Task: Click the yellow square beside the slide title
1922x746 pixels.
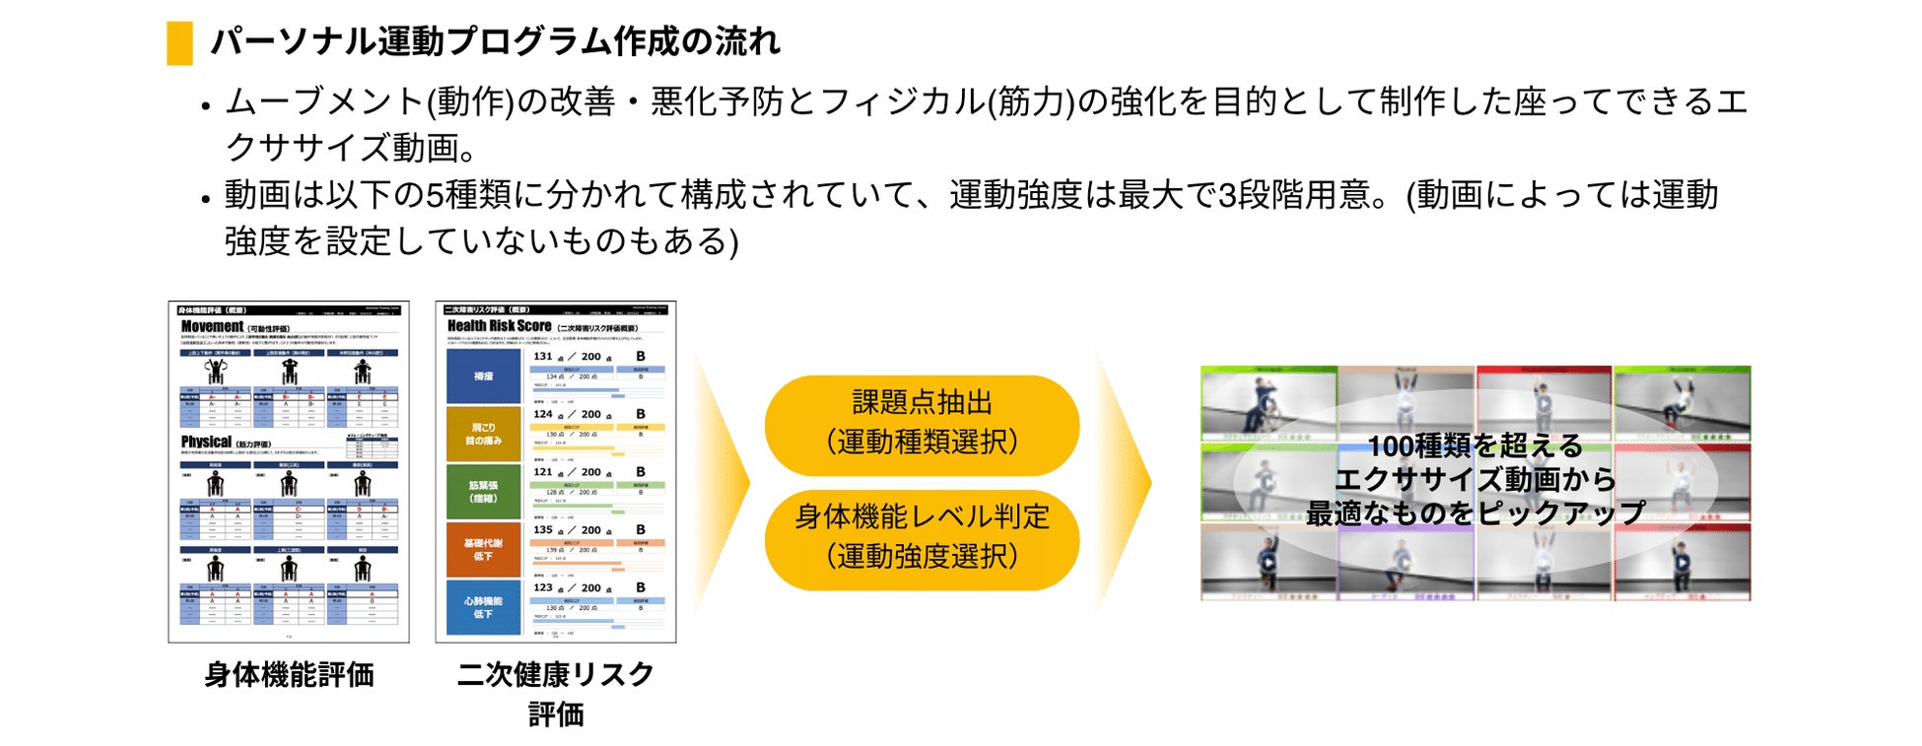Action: [x=179, y=43]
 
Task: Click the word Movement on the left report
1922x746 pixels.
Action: [x=212, y=326]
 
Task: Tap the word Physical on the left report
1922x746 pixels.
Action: [x=206, y=441]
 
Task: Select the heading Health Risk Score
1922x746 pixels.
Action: [x=499, y=326]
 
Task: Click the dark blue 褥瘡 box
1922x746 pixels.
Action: [x=483, y=376]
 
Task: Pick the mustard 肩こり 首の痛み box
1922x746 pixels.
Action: [x=483, y=434]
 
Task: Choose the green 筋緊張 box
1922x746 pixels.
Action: [x=483, y=492]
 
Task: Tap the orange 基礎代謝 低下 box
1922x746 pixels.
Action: [x=483, y=549]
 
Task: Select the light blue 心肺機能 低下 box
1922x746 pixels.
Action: [x=483, y=607]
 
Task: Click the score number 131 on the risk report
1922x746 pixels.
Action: [x=543, y=357]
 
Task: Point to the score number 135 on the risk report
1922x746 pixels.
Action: [x=543, y=530]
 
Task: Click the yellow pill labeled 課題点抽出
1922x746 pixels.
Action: [x=922, y=423]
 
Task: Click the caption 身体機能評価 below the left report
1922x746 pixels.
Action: [x=289, y=675]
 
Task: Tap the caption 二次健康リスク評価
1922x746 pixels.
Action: [x=556, y=693]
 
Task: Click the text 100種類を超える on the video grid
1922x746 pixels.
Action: [x=1475, y=446]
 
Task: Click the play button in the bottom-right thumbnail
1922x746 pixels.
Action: [x=1682, y=564]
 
